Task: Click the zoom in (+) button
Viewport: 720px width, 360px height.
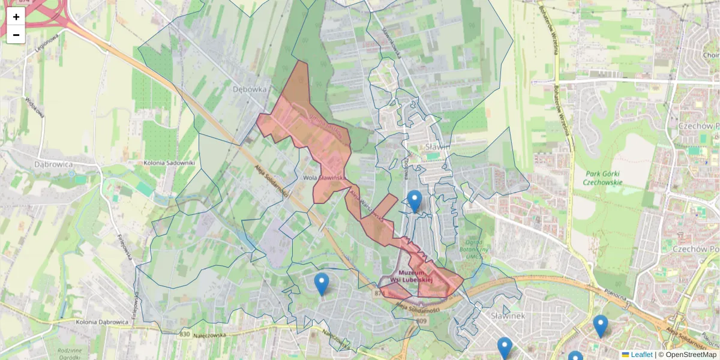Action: click(x=16, y=17)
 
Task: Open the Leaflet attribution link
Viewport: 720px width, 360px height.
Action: click(x=641, y=355)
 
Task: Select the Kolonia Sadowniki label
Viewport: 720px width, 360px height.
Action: click(x=170, y=163)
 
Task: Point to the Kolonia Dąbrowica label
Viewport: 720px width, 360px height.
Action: click(x=103, y=322)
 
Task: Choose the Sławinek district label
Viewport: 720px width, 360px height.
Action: click(x=508, y=316)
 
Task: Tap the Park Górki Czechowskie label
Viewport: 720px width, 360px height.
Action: click(x=604, y=178)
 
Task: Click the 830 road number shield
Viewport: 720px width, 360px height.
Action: click(x=184, y=334)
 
